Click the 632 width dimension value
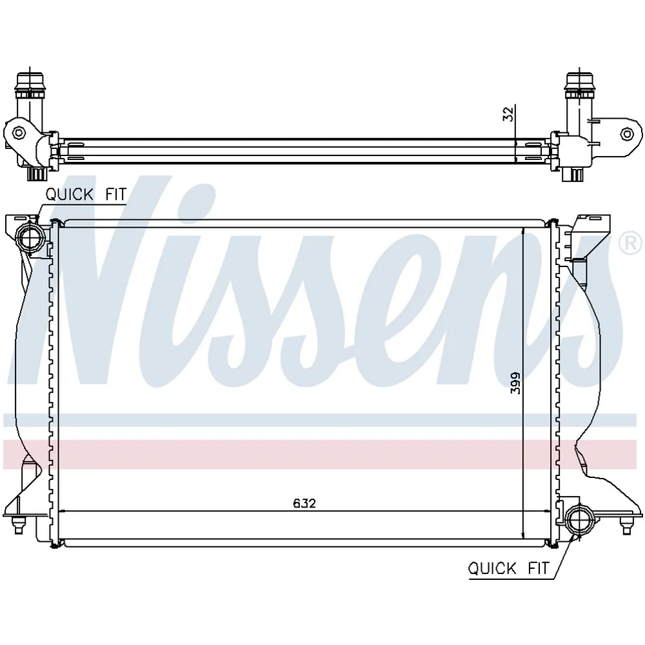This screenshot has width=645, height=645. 304,503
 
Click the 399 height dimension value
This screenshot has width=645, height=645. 515,383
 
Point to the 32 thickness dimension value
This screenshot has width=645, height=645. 508,114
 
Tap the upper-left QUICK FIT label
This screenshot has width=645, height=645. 86,194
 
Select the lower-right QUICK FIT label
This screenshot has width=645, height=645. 509,568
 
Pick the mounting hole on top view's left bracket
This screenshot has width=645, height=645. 19,133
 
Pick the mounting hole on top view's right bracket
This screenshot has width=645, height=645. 626,134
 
